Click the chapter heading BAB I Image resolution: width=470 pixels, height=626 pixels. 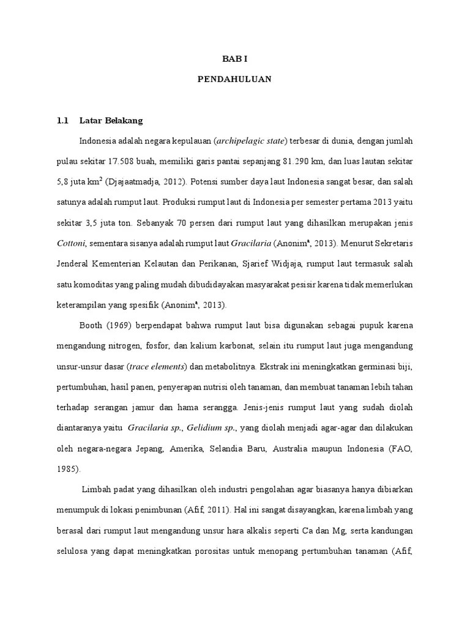coord(234,59)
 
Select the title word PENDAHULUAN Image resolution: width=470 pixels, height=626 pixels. coord(234,79)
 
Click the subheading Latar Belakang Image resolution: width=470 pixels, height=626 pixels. coord(111,120)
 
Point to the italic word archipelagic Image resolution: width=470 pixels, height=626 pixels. coord(239,141)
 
